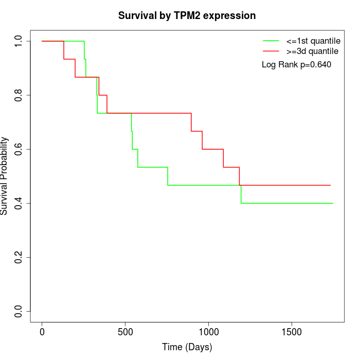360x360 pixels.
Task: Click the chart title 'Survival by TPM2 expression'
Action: (x=187, y=16)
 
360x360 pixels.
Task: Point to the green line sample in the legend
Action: (x=271, y=41)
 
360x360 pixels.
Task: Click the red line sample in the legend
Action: (x=271, y=51)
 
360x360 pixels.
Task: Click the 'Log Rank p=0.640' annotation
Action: (x=296, y=65)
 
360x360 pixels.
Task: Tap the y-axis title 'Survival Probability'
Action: (x=5, y=176)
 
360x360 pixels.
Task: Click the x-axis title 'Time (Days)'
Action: (x=187, y=347)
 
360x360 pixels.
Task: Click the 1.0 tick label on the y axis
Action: (x=19, y=41)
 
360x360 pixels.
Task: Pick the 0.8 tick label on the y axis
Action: (x=19, y=95)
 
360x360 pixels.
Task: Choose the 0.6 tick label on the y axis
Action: (x=19, y=149)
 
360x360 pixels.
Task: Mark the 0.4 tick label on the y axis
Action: (x=19, y=203)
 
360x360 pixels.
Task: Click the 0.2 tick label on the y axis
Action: (x=19, y=257)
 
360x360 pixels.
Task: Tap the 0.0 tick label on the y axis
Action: (x=19, y=311)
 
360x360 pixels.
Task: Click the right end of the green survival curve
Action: (x=333, y=203)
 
